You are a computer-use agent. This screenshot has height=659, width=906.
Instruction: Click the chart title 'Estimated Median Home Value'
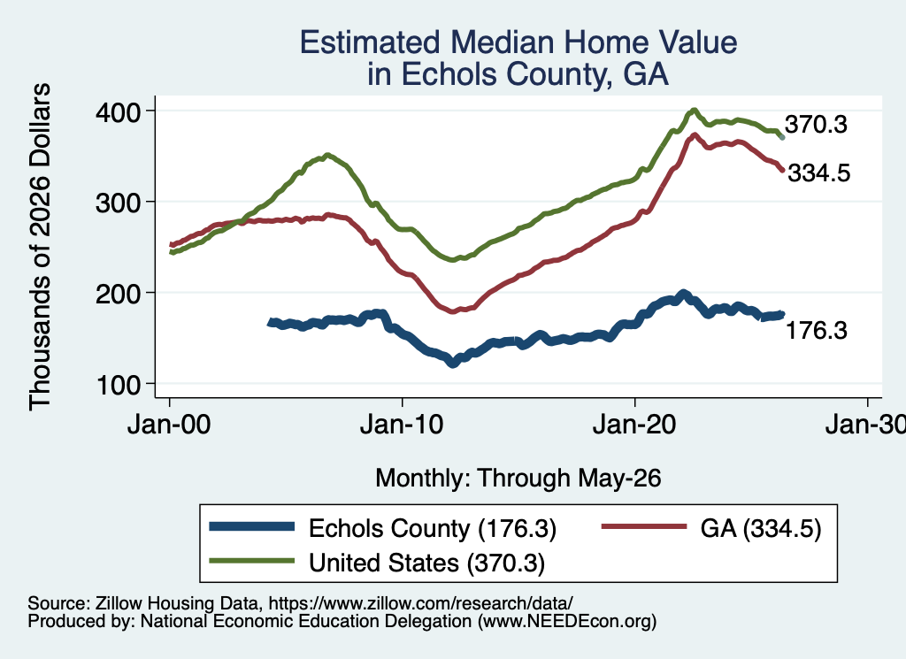click(x=518, y=42)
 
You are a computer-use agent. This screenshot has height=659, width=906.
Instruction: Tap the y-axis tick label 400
click(x=119, y=112)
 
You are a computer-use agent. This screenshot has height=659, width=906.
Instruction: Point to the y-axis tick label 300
click(x=119, y=203)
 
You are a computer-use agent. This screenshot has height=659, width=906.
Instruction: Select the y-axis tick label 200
click(x=119, y=294)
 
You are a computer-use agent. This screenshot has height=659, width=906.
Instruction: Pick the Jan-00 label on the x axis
click(x=169, y=425)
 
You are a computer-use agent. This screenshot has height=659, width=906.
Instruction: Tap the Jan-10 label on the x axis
click(x=402, y=425)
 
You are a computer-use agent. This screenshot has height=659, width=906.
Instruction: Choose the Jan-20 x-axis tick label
click(x=634, y=425)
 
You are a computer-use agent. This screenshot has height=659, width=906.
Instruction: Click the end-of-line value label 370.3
click(x=816, y=124)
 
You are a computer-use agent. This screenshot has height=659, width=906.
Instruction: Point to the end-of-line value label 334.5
click(x=819, y=172)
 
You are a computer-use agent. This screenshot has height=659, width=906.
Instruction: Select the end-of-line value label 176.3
click(x=817, y=330)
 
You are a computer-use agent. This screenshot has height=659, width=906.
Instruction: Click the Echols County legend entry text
click(x=433, y=528)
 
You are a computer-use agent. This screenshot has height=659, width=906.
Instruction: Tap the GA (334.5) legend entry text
click(x=761, y=528)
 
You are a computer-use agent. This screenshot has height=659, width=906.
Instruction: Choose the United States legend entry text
click(x=427, y=563)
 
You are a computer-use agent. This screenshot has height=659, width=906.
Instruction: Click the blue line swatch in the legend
click(x=252, y=526)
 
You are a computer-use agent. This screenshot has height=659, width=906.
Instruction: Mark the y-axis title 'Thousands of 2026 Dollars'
click(x=40, y=247)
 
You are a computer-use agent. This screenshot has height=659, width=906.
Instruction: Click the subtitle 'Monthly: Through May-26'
click(x=518, y=479)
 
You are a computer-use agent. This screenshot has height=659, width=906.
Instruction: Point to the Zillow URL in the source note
click(x=420, y=603)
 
